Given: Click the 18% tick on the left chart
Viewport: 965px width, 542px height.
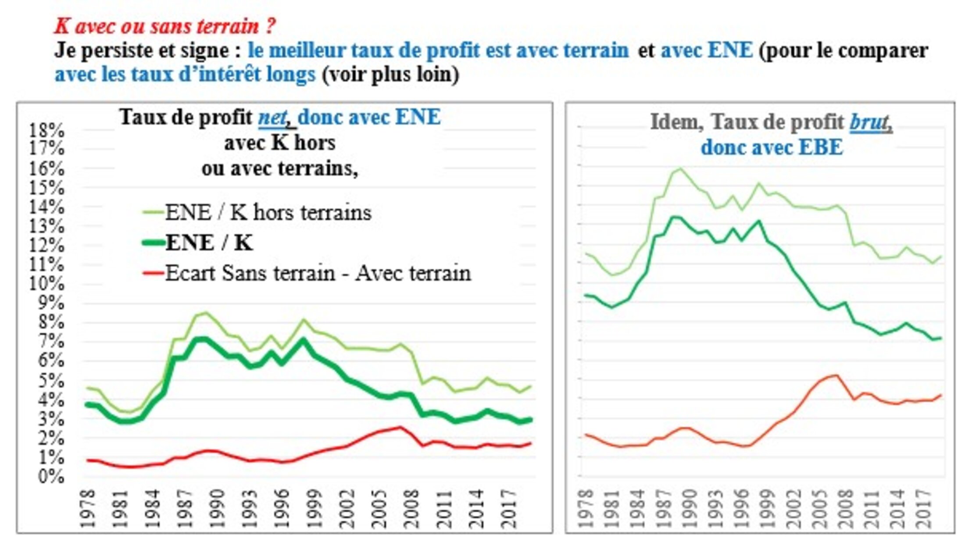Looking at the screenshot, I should pos(46,130).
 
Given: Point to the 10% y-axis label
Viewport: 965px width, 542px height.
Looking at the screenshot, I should pos(46,284).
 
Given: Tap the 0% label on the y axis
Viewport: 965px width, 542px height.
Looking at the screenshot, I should pos(51,476).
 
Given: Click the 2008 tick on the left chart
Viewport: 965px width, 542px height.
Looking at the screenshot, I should pos(411,509).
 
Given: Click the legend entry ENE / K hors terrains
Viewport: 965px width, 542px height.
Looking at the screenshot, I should pos(268,213).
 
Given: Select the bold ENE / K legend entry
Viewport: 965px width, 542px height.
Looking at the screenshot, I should pos(209,243).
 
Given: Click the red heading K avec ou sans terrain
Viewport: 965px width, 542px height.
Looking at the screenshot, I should pos(165,26).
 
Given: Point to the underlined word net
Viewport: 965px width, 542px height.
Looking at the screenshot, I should pos(272,118).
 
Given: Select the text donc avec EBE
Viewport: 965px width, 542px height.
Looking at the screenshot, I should pos(772,147).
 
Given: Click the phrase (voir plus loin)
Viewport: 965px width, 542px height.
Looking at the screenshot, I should pos(390,75).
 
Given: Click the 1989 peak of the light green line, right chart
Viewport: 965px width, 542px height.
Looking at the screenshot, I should pos(680,168).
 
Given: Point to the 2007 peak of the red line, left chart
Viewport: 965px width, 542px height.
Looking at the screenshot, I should pos(400,427).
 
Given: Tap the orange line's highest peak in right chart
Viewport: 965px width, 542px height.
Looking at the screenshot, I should pos(836,375).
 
